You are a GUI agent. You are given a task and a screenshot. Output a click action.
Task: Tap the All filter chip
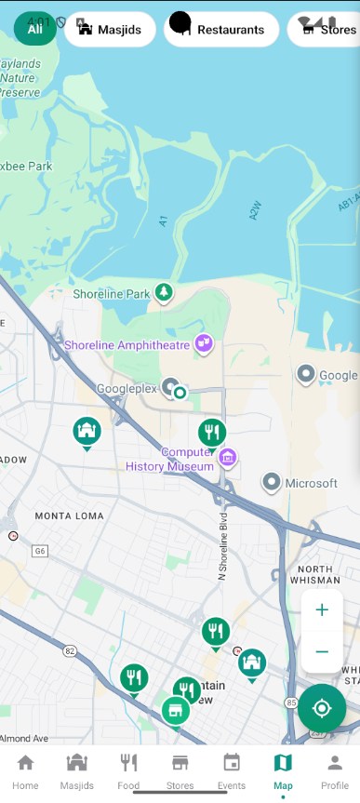coord(35,29)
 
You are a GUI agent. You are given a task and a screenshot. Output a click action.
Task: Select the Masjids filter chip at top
coord(111,30)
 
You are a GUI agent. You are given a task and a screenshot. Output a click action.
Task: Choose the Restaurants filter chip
coord(221,30)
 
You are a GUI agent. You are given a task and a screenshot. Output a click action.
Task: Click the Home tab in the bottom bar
coord(25,770)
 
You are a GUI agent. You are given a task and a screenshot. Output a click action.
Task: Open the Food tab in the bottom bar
coord(128,770)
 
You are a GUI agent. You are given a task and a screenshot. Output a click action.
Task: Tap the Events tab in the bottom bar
coord(232,770)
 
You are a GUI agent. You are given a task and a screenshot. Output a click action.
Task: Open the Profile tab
coord(334,770)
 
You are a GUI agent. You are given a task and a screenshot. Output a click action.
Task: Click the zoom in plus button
coord(322,610)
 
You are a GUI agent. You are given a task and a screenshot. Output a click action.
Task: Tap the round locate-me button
coord(322,708)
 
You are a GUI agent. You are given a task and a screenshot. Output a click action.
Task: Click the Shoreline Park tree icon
coord(165,293)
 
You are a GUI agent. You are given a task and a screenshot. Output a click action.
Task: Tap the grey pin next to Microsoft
coord(272,482)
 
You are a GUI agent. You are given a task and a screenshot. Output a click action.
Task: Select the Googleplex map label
coord(127,389)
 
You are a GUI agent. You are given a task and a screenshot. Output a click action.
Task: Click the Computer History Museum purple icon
coord(227,458)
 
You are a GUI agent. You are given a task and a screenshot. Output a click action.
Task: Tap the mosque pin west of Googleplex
coord(87,431)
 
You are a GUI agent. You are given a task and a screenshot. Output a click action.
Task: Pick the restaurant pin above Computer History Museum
coord(212,432)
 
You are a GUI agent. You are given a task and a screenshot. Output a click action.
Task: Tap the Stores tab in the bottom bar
coord(180,770)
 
